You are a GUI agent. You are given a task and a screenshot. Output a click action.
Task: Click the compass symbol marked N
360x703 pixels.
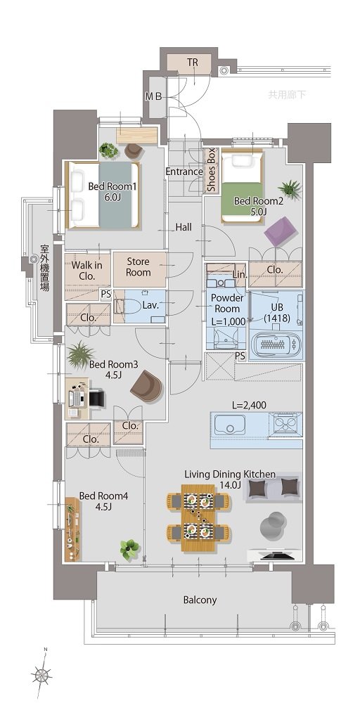(x=42, y=674)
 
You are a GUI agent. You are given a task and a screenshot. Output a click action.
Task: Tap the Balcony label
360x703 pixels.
(x=200, y=600)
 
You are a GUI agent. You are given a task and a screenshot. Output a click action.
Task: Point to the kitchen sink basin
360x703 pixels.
(x=229, y=424)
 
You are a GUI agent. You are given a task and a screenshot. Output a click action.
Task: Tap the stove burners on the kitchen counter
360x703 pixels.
(x=285, y=424)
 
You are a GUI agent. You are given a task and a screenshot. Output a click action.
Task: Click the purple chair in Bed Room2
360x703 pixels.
(x=281, y=231)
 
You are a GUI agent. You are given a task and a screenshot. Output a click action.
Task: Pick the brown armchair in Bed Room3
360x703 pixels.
(x=146, y=386)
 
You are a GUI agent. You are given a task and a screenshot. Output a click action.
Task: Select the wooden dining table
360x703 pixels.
(x=198, y=517)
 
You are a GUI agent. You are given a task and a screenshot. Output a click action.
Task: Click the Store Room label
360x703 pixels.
(x=138, y=266)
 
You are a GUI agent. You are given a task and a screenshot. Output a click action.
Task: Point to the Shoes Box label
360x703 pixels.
(x=211, y=170)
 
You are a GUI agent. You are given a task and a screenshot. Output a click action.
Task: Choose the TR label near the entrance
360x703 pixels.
(x=193, y=63)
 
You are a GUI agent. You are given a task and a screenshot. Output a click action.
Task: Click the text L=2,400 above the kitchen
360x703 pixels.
(x=249, y=406)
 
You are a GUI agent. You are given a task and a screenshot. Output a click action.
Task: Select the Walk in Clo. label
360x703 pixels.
(x=87, y=271)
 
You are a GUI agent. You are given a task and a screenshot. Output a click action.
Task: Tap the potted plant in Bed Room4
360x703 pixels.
(x=129, y=548)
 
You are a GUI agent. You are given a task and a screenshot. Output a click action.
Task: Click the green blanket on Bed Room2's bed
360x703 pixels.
(x=242, y=199)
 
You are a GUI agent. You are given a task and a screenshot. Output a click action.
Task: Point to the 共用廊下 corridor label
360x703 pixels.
(x=288, y=95)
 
